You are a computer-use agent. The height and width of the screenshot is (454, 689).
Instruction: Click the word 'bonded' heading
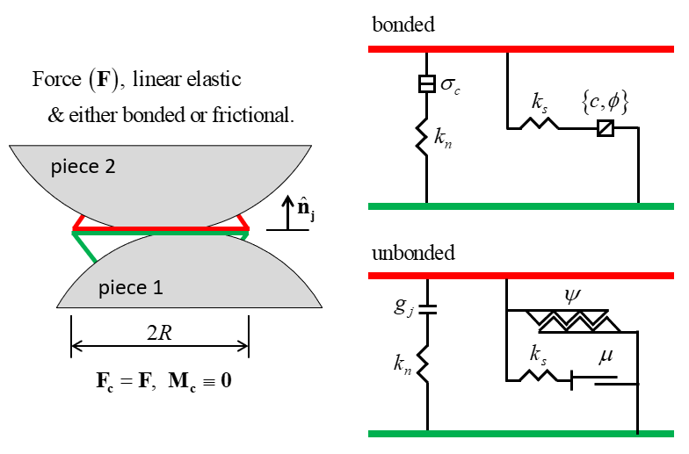(403, 25)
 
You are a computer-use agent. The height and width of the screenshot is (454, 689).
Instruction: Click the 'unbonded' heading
(413, 253)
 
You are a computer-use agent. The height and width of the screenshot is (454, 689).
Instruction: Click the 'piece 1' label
(131, 286)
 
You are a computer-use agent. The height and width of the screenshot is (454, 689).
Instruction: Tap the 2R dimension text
(160, 334)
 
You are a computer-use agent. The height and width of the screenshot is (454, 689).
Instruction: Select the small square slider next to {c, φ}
(604, 128)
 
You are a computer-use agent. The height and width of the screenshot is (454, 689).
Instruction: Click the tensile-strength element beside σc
(426, 85)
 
